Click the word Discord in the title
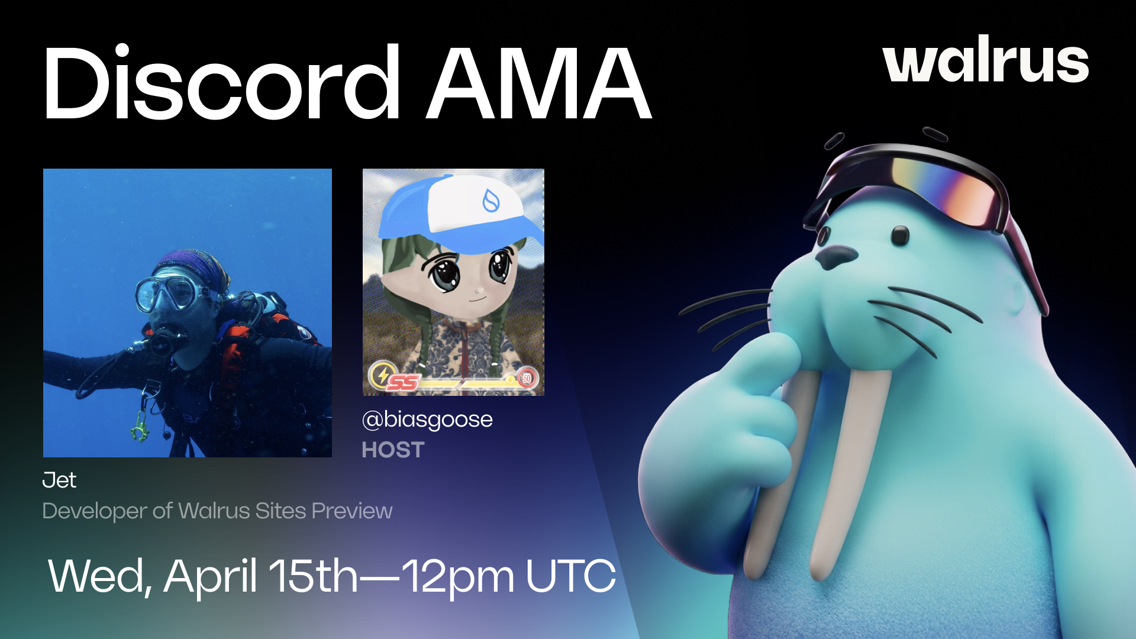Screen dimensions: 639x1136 [222, 83]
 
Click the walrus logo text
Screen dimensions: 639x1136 [985, 60]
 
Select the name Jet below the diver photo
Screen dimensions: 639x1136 [59, 480]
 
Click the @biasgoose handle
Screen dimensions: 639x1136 [427, 419]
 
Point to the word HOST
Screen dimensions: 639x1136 [393, 450]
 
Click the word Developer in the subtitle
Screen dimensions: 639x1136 [95, 511]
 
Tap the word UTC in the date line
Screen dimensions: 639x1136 [570, 576]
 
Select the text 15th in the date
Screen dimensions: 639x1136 [314, 576]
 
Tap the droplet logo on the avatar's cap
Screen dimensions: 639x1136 [490, 201]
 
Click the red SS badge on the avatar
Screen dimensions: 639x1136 [403, 383]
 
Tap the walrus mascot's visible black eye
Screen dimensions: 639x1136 [900, 235]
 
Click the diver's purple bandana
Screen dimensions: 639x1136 [192, 264]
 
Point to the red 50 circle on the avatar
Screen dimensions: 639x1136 [526, 378]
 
